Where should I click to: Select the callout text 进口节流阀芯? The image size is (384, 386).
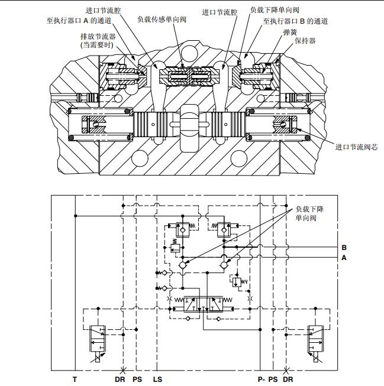[x=356, y=147]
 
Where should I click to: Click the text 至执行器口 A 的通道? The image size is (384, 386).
[x=80, y=20]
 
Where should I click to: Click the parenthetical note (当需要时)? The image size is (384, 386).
[x=98, y=45]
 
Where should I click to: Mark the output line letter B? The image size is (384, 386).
[x=344, y=247]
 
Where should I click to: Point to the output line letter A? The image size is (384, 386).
[x=344, y=258]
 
